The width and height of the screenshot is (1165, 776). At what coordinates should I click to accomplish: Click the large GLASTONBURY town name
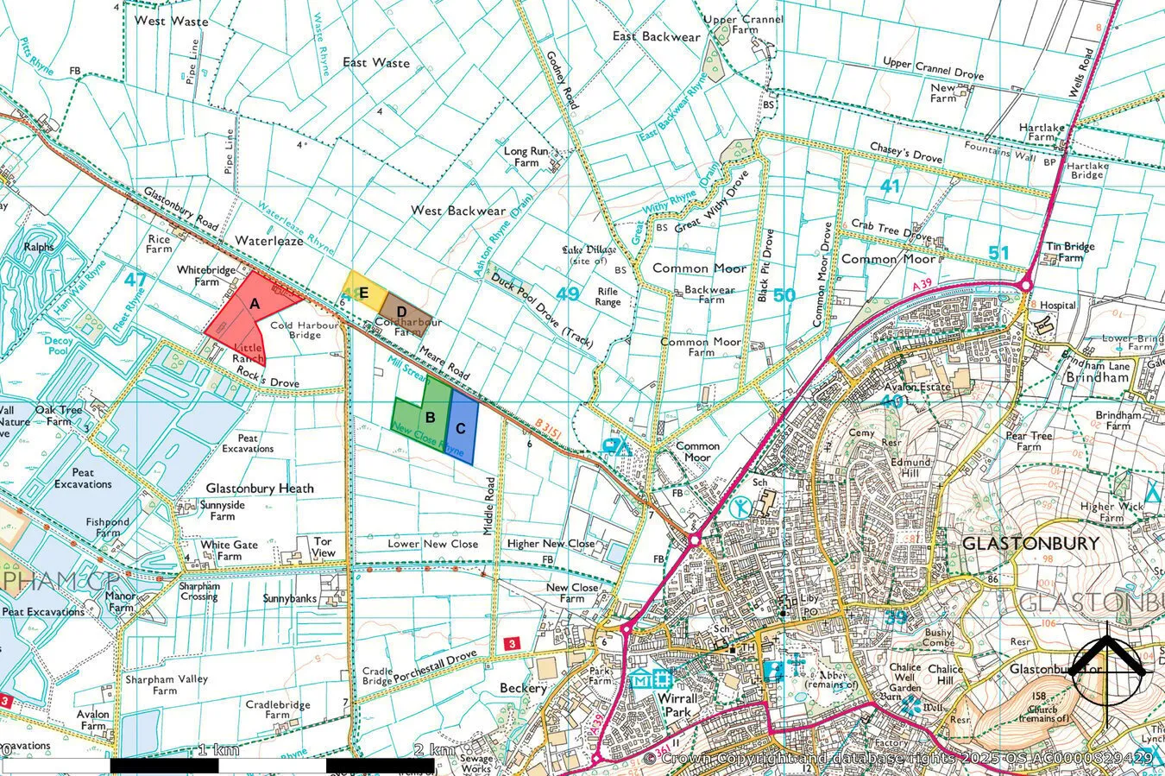(x=1030, y=544)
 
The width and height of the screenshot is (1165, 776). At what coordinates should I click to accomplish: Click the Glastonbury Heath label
(x=260, y=489)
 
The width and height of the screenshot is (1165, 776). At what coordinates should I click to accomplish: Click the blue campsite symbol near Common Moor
(x=616, y=446)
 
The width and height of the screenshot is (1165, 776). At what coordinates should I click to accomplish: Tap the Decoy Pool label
(x=57, y=345)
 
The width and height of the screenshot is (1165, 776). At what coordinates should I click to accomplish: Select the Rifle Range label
(x=608, y=297)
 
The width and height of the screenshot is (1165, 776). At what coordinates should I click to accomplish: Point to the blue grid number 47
(x=135, y=280)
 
